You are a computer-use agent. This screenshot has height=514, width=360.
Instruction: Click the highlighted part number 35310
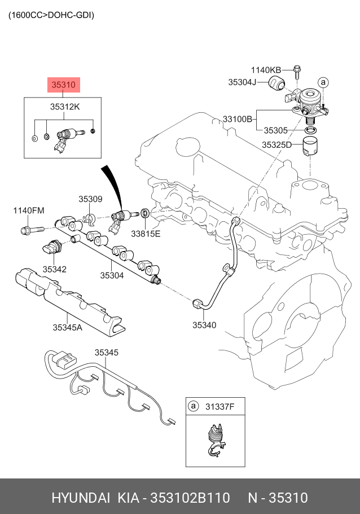[64, 85]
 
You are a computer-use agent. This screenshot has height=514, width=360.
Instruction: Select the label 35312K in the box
[65, 107]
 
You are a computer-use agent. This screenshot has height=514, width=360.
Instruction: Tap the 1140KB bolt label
[266, 70]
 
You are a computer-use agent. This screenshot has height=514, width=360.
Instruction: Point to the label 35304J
[242, 82]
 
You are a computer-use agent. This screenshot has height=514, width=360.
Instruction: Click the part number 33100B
[238, 119]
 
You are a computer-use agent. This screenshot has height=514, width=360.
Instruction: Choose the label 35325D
[276, 144]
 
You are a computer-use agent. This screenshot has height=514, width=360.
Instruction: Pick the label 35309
[90, 199]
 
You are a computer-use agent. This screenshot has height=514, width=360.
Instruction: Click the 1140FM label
[29, 210]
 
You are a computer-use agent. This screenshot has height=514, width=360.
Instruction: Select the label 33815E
[146, 234]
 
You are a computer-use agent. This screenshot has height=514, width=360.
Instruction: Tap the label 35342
[54, 269]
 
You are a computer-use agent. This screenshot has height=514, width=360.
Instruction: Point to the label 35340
[204, 325]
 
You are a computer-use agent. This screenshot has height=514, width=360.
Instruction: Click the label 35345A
[68, 327]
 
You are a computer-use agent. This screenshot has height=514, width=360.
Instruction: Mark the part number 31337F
[219, 407]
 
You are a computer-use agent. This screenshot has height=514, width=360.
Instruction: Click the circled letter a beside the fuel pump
[323, 82]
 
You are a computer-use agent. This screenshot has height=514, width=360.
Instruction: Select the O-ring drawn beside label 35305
[310, 130]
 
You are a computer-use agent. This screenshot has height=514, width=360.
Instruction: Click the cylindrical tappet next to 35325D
[310, 147]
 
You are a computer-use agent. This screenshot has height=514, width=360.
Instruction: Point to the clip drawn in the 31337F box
[215, 440]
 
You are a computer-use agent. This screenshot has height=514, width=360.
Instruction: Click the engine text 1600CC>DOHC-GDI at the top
[51, 15]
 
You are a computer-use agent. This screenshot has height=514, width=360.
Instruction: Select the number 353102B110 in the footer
[190, 498]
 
